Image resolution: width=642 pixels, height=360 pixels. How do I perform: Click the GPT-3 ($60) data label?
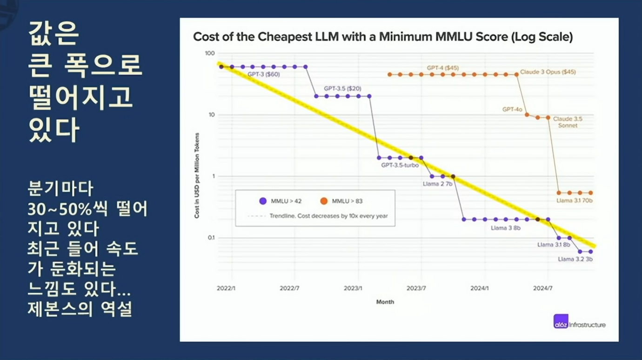click(263, 74)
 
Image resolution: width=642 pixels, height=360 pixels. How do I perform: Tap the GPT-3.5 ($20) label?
click(342, 88)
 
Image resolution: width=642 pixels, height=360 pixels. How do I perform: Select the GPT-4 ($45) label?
click(442, 68)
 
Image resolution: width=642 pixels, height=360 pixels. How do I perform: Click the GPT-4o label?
click(512, 109)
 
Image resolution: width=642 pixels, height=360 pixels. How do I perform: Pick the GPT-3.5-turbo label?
click(400, 165)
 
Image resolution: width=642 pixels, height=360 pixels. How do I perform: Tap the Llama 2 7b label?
click(437, 184)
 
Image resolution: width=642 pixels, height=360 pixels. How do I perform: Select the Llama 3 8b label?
click(505, 228)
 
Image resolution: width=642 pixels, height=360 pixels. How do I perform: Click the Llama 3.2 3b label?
click(575, 259)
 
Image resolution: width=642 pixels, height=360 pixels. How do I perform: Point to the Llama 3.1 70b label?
click(574, 201)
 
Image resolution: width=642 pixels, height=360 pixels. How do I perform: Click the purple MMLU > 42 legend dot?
click(263, 201)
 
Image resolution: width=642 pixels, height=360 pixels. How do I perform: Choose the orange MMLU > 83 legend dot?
click(324, 201)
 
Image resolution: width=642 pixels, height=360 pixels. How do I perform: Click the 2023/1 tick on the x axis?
click(353, 288)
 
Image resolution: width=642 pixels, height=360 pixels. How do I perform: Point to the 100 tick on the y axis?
click(209, 53)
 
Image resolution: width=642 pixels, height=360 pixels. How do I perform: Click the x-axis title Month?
click(385, 302)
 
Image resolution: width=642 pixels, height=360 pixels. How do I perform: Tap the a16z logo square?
click(561, 321)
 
